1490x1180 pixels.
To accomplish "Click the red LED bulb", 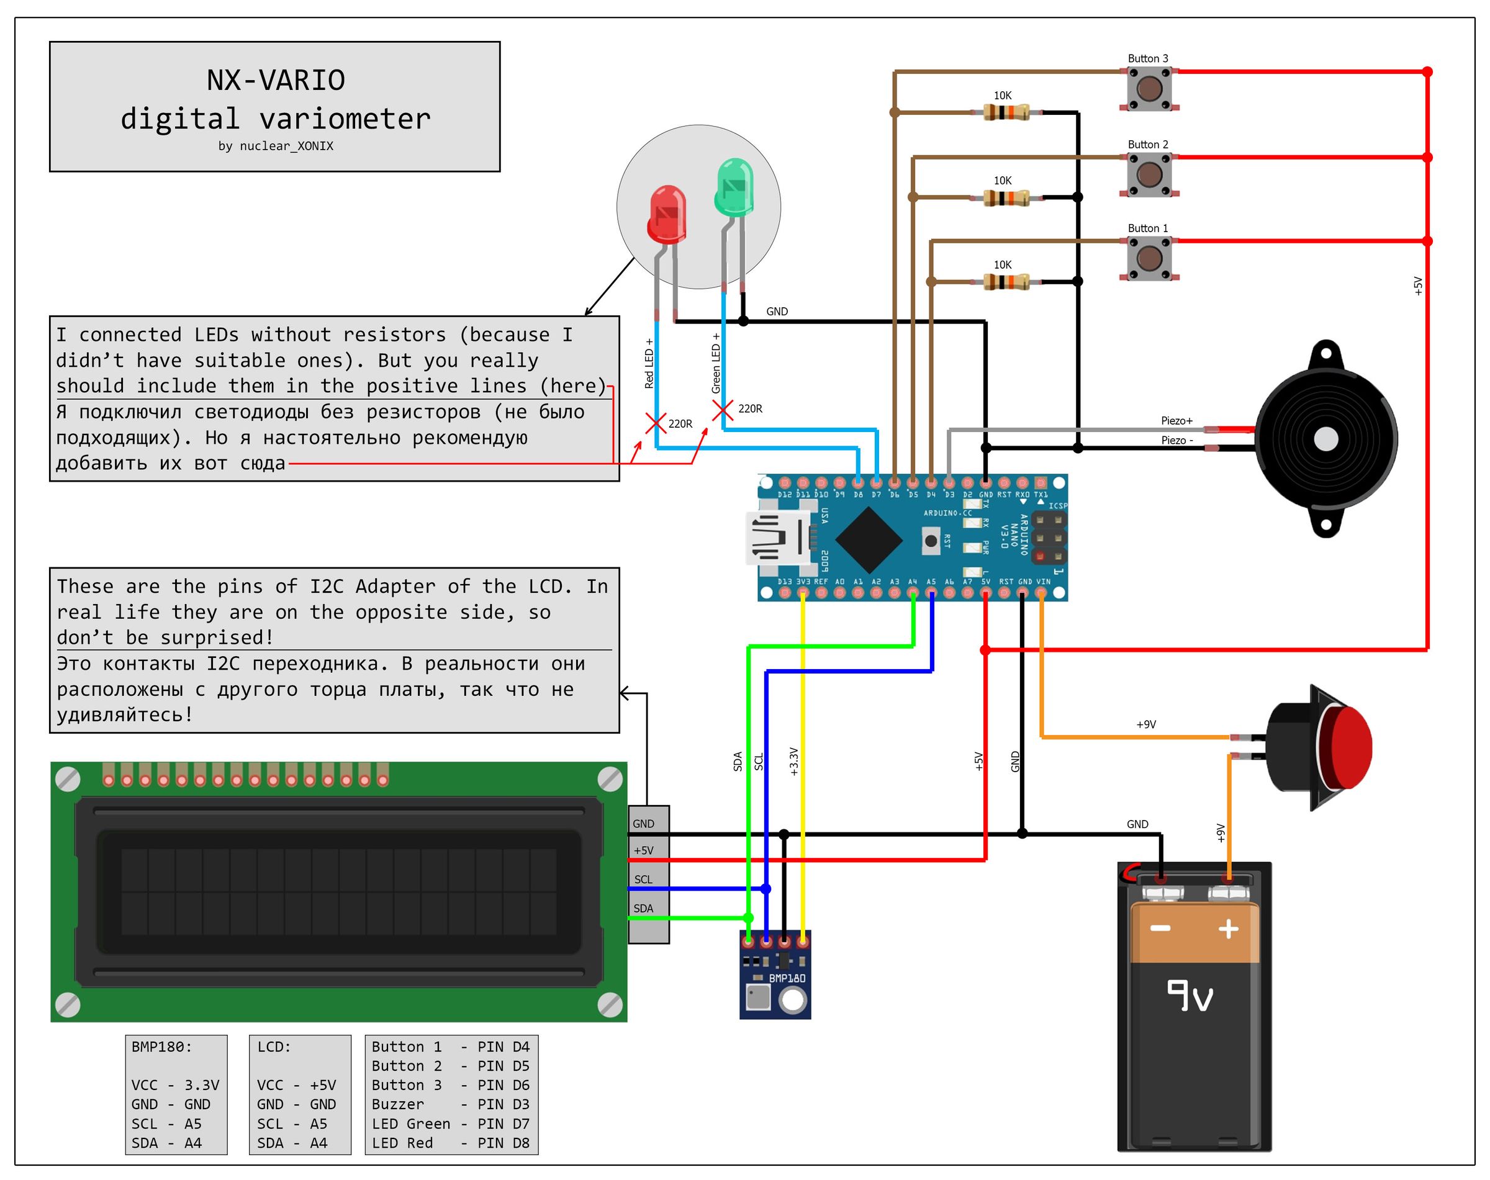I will [667, 215].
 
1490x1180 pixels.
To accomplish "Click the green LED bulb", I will [734, 187].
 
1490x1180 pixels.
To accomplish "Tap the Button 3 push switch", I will [1149, 88].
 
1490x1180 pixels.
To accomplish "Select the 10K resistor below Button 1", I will [1006, 282].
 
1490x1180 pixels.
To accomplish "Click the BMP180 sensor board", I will [775, 981].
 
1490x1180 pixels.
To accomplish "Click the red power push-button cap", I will [1348, 749].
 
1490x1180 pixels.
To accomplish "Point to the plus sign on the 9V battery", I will [1228, 929].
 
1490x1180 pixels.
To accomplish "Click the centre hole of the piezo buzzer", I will [1325, 439].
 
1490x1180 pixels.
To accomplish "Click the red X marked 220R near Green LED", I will [722, 410].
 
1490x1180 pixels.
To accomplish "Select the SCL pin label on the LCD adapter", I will [643, 880].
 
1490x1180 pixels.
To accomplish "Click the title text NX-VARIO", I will [276, 80].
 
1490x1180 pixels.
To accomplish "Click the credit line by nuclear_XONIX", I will [276, 146].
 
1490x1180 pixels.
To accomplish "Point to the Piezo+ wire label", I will [1176, 421].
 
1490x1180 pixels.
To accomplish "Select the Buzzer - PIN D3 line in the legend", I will [451, 1104].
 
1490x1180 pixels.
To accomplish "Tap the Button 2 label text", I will [1148, 145].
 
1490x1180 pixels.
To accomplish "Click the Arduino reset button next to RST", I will [931, 541].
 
